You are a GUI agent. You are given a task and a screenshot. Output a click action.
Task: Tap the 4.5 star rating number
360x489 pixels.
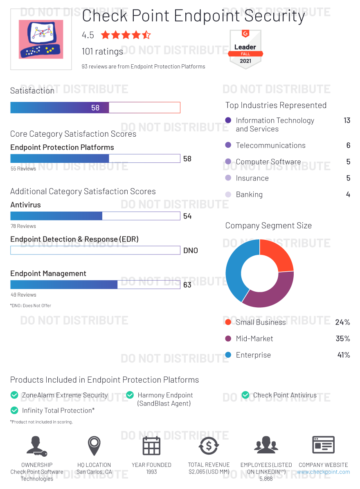[88, 35]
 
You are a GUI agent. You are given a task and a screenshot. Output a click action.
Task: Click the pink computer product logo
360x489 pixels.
[41, 39]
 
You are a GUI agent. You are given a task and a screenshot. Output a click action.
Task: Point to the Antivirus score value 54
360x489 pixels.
[187, 216]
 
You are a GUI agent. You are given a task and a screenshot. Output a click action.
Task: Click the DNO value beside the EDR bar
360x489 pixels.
[190, 250]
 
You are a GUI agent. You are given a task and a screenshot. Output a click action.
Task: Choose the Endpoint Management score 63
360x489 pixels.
[187, 285]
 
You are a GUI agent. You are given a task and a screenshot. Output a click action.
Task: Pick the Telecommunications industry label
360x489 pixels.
[270, 145]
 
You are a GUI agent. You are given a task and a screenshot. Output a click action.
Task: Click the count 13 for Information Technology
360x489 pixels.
[347, 120]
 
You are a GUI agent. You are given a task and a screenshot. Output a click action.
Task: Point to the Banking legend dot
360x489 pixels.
[228, 194]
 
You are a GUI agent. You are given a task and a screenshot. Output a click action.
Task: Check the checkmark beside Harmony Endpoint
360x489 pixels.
[130, 395]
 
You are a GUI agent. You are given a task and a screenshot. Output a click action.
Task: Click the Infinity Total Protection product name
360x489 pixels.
[58, 410]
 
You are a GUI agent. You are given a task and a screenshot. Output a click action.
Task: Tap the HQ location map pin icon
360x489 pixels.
[94, 445]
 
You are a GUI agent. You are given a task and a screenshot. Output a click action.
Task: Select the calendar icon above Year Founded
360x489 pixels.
[151, 446]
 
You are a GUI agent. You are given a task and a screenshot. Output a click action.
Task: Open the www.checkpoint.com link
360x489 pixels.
[323, 472]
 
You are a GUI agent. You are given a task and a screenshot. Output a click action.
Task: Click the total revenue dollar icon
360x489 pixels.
[209, 446]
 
